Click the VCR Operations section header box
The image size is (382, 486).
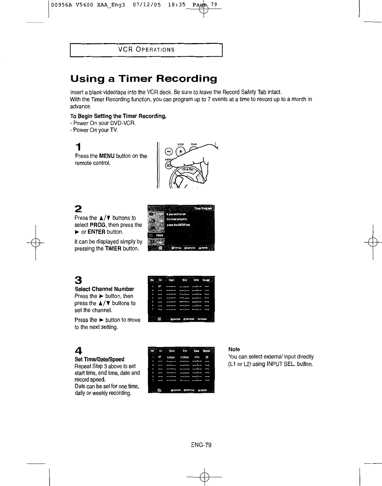(146, 50)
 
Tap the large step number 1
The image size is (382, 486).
(79, 147)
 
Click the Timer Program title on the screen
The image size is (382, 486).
(203, 208)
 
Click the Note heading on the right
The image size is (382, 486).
(234, 350)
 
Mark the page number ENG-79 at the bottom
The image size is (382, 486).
(201, 445)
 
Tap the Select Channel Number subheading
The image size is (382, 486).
(104, 289)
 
